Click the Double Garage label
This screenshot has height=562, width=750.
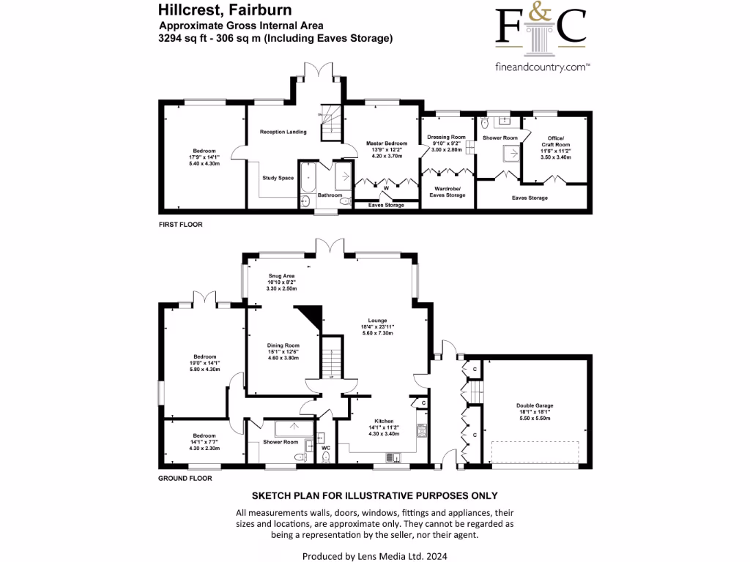pyautogui.click(x=535, y=405)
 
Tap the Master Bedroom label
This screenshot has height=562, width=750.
pyautogui.click(x=387, y=143)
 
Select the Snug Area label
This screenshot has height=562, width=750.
pyautogui.click(x=282, y=276)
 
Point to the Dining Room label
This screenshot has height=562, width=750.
pyautogui.click(x=282, y=345)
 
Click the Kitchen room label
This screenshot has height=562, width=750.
pyautogui.click(x=384, y=421)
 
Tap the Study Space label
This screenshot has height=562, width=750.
pyautogui.click(x=278, y=178)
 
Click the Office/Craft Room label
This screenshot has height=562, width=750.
pyautogui.click(x=556, y=140)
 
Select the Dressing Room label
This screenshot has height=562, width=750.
pyautogui.click(x=447, y=137)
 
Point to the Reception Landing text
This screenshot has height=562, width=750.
pyautogui.click(x=283, y=132)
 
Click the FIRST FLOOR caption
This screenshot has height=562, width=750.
pyautogui.click(x=180, y=225)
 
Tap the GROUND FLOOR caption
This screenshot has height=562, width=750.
pyautogui.click(x=185, y=479)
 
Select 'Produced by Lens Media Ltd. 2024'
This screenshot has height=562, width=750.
pyautogui.click(x=374, y=556)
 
